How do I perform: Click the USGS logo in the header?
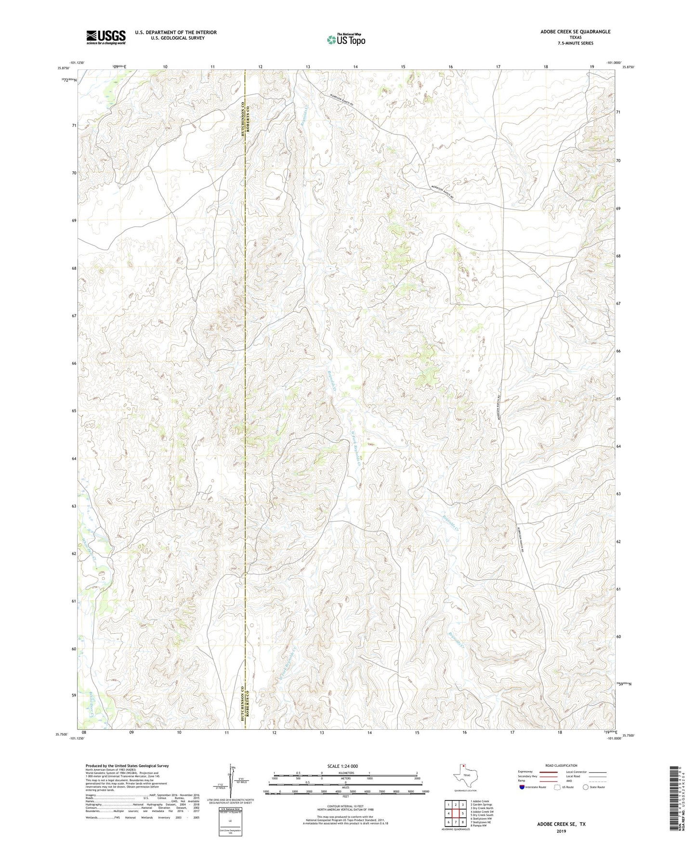tap(105, 37)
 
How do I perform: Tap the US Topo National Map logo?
tap(345, 39)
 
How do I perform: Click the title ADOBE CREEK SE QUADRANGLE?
tap(575, 32)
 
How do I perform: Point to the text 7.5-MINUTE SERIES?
tap(575, 43)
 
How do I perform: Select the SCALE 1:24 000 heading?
tap(342, 766)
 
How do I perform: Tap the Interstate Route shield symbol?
tap(522, 788)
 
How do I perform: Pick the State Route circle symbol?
tap(585, 788)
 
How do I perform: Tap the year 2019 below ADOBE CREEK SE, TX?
tap(561, 831)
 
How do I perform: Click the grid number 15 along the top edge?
tap(403, 66)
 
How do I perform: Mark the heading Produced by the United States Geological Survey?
tap(127, 765)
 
